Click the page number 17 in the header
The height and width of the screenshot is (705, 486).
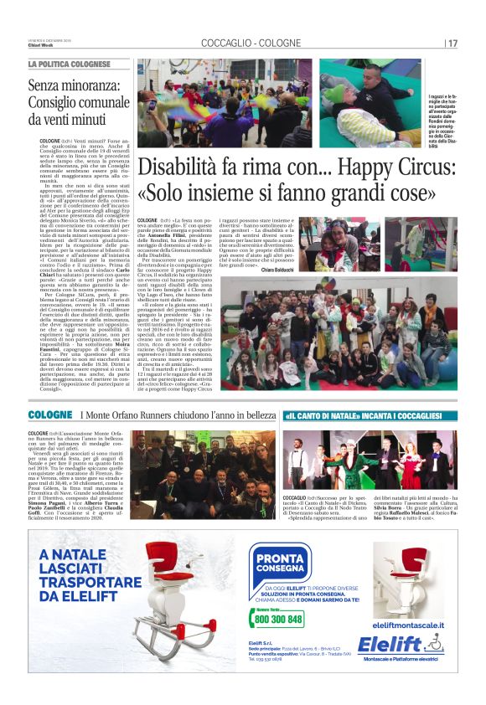point(452,43)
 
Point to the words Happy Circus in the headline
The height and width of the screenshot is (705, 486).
point(368,168)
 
